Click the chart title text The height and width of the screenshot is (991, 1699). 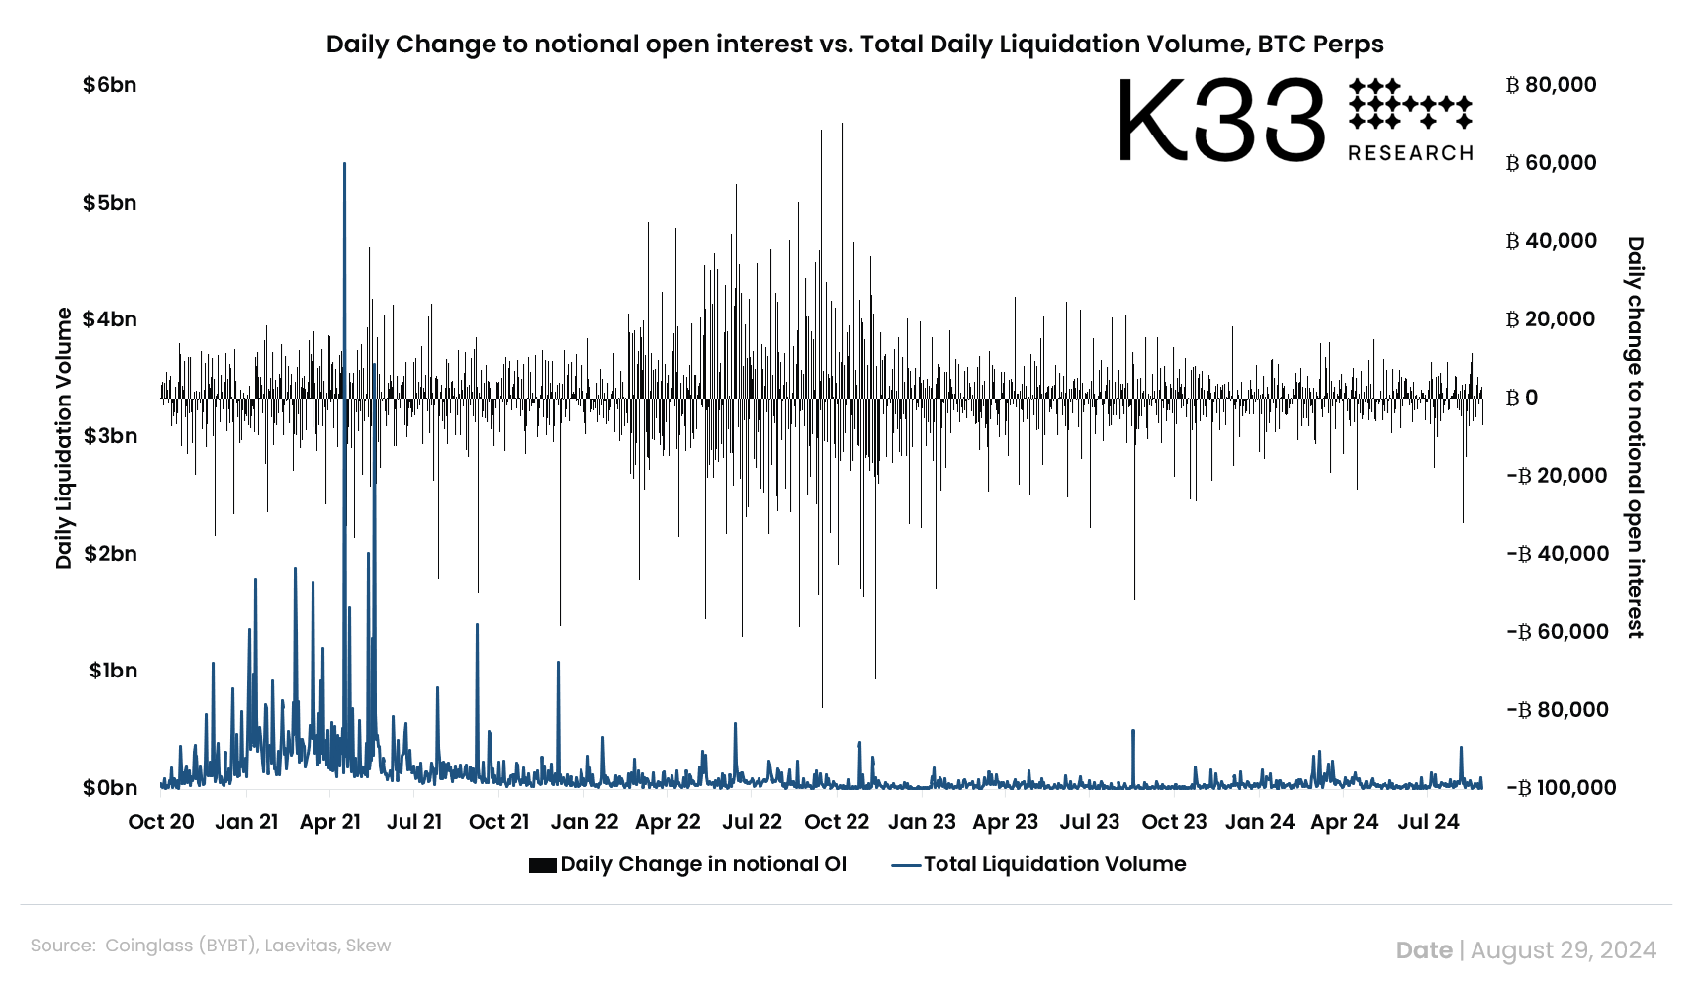tap(853, 45)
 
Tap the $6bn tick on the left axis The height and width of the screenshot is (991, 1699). tap(110, 85)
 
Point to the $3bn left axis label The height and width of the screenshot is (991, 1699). tap(110, 436)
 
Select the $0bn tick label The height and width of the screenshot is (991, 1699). tap(110, 788)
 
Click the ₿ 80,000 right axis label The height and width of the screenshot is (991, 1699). tap(1551, 85)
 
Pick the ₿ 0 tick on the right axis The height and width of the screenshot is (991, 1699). tap(1522, 398)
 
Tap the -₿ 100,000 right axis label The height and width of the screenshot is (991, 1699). tap(1562, 788)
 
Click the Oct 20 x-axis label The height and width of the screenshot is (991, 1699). tap(161, 822)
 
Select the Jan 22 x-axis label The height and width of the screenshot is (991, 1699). tap(583, 822)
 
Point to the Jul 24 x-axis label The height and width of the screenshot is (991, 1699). tap(1428, 822)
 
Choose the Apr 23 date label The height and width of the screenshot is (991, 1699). tap(1005, 822)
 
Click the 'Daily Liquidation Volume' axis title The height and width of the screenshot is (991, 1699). tap(65, 438)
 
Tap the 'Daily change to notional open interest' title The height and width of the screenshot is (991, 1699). tap(1635, 437)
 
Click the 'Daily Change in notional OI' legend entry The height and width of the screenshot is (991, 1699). tap(702, 864)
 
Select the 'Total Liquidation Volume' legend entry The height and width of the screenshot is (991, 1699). tap(1053, 864)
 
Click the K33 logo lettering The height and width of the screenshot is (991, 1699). tap(1220, 121)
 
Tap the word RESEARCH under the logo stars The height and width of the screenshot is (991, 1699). tap(1410, 153)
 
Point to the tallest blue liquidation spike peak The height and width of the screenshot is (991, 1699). tap(344, 164)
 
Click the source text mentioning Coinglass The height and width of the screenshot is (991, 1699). tap(211, 946)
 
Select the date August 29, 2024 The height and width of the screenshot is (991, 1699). tap(1563, 950)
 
